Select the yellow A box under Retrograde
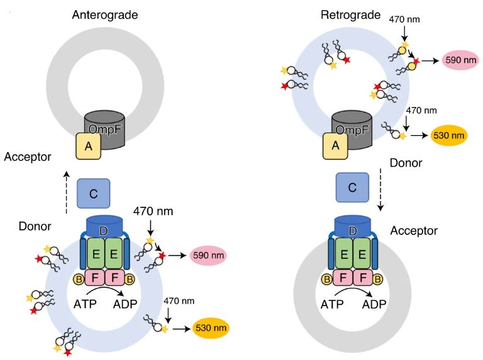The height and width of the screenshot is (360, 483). tap(335, 146)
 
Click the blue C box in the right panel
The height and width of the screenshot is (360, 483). tap(353, 188)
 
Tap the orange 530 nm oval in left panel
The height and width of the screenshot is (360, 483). tap(211, 328)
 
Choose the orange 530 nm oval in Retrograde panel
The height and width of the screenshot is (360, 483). tap(448, 135)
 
